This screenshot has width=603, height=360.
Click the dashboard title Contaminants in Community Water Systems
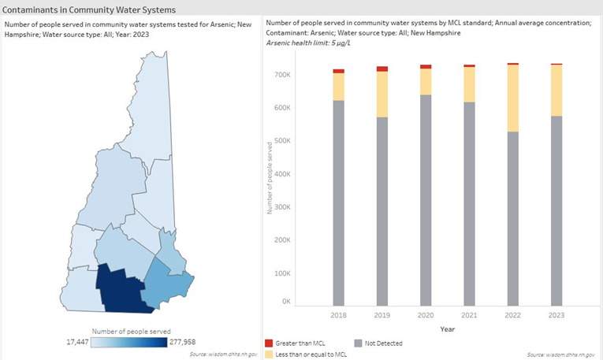[x=89, y=9]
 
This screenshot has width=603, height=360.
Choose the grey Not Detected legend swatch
[x=357, y=343]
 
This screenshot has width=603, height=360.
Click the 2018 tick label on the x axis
[x=338, y=314]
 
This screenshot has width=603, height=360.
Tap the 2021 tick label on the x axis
[x=469, y=314]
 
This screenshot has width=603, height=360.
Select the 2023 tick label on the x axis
[x=556, y=314]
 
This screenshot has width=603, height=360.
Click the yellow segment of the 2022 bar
[x=512, y=98]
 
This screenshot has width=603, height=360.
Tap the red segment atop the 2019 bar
[x=382, y=69]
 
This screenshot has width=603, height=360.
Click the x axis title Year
[x=447, y=328]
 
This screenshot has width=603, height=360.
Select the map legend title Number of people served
[x=131, y=331]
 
